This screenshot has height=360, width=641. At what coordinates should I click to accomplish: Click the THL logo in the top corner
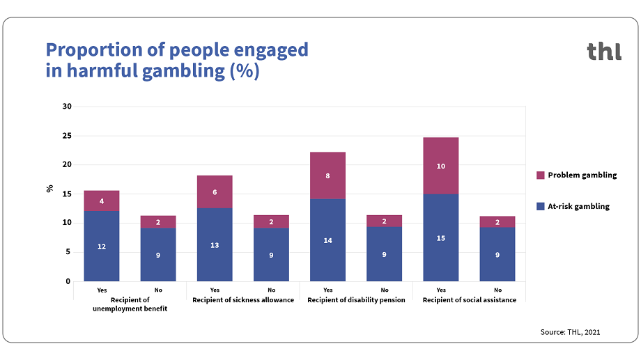(603, 52)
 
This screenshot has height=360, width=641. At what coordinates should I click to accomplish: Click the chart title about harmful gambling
(177, 61)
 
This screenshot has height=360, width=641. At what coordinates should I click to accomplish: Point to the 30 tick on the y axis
(67, 107)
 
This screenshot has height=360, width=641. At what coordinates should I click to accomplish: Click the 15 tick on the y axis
(67, 194)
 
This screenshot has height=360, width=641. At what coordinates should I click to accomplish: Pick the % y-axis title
(49, 188)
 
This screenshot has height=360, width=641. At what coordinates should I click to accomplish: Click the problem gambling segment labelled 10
(441, 166)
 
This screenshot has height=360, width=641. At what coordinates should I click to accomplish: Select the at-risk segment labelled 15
(441, 237)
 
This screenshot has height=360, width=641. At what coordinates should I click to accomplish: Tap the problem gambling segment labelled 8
(327, 175)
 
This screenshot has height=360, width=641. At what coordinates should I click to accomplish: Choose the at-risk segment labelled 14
(327, 240)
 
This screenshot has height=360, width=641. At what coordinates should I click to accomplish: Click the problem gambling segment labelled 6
(215, 191)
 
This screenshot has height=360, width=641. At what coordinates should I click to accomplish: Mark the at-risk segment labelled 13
(215, 244)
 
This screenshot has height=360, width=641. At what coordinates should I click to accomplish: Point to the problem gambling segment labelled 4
(102, 201)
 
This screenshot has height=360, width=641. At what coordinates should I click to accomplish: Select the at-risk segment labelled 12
(102, 246)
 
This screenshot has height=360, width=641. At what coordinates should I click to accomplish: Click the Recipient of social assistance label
(470, 300)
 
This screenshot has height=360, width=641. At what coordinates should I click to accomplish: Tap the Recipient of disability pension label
(356, 300)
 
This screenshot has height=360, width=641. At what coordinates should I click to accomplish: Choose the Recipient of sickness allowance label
(243, 300)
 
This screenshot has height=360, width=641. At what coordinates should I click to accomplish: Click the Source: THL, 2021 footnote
(570, 332)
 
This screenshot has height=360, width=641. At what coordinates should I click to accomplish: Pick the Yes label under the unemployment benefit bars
(102, 290)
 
